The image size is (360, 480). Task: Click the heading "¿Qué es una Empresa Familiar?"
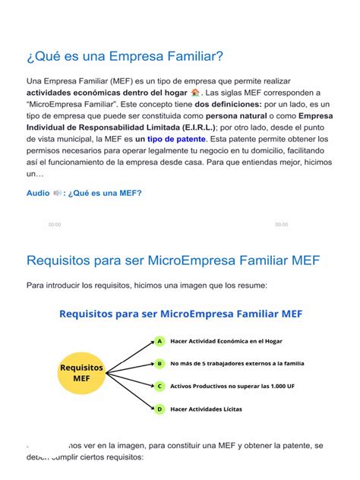125,56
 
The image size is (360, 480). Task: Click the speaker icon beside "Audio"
58,193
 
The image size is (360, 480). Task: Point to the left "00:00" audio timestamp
55,225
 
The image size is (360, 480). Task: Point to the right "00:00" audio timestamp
282,225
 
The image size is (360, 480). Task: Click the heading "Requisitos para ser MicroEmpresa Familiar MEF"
173,261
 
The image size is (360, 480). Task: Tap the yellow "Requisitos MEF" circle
81,373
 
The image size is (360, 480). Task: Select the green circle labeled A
159,341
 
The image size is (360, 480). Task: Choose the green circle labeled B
159,364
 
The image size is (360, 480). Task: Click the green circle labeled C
159,387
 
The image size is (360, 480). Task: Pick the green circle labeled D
159,409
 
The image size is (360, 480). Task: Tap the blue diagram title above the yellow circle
181,312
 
